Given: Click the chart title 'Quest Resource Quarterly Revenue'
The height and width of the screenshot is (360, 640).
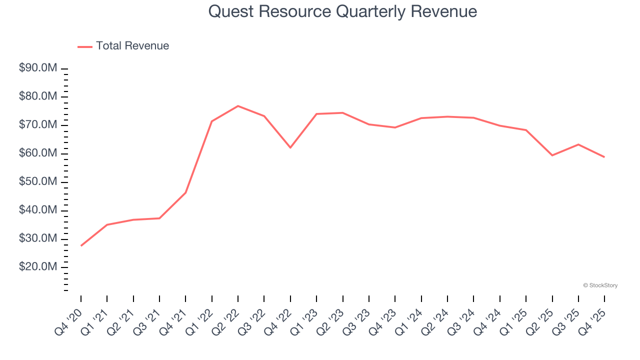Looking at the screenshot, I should point(342,11).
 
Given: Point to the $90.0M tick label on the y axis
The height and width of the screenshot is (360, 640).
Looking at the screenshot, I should point(38,68).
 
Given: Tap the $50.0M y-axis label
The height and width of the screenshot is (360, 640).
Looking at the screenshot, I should point(38,182).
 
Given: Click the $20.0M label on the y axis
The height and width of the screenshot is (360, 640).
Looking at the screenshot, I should point(38,267).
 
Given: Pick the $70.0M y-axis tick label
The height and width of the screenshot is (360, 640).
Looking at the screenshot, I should point(38,125).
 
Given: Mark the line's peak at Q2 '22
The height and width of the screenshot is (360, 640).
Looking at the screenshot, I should point(238,106).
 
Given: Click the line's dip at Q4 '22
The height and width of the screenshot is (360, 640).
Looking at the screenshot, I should point(290,147).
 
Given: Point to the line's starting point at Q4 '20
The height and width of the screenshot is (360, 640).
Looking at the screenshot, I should point(81,245).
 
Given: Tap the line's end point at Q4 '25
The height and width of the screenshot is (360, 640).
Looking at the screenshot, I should point(604,157).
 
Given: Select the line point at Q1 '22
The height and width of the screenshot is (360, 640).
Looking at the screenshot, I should point(212,121).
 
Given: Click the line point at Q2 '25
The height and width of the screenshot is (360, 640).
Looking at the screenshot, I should point(552,155).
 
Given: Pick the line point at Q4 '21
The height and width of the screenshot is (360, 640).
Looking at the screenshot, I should point(185,192).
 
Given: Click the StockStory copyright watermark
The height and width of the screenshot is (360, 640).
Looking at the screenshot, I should point(600,285).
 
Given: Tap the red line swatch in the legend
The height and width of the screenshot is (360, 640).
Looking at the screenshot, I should point(85,46).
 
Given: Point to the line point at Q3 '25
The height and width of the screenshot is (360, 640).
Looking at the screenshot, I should point(578,144).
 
